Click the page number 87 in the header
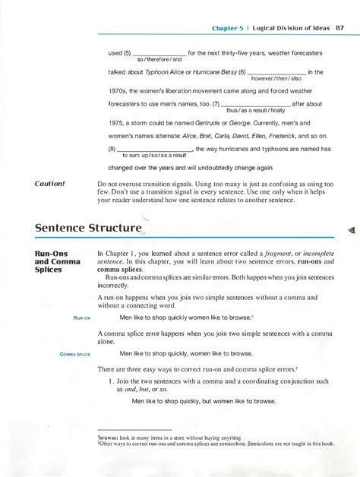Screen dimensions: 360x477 341,30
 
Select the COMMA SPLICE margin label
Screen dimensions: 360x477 74,353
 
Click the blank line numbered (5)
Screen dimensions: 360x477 159,53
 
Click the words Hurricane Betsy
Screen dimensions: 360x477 210,72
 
